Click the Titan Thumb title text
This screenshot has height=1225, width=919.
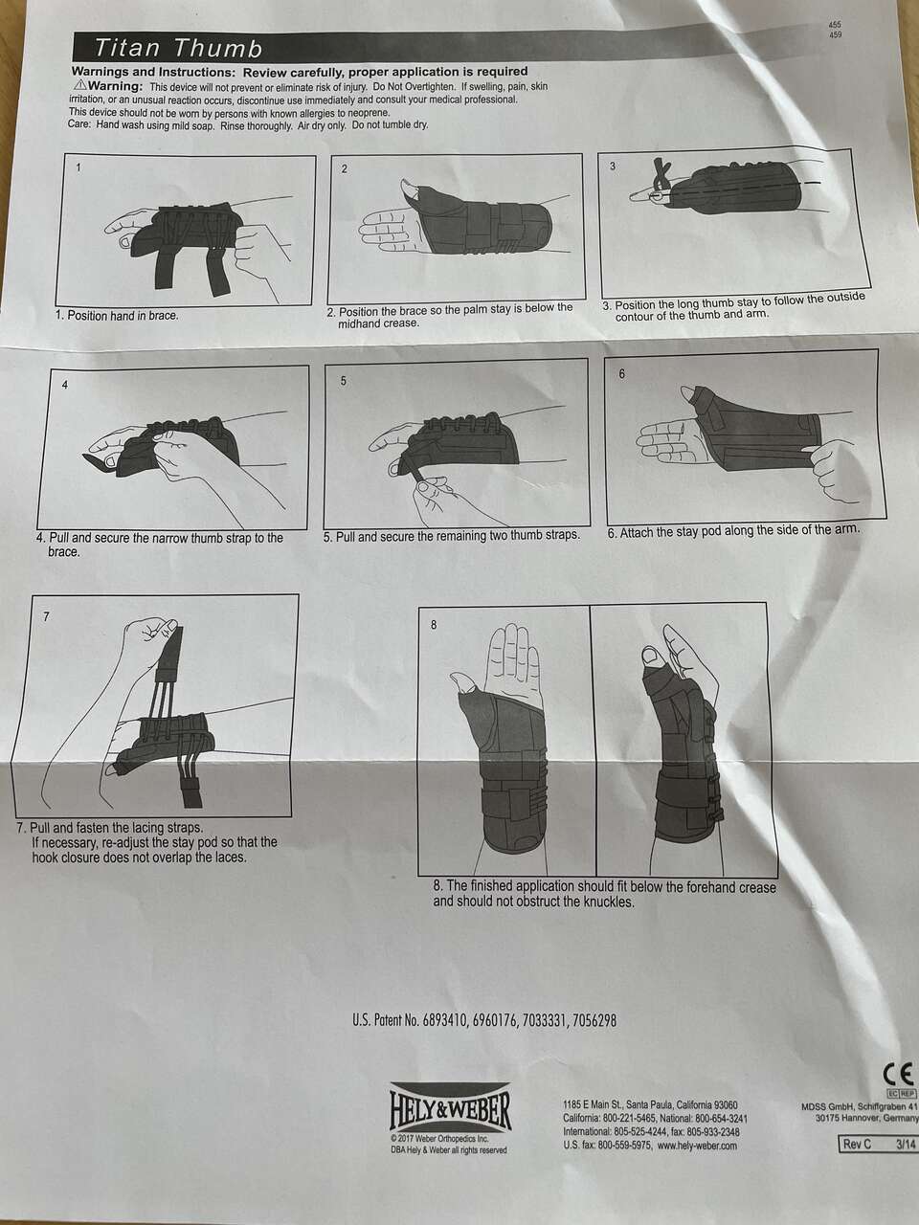(x=178, y=49)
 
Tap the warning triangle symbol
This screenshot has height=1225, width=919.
(x=80, y=85)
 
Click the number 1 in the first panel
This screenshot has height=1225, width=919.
(x=78, y=167)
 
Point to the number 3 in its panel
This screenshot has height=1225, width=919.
(x=613, y=166)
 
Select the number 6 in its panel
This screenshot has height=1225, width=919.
(x=622, y=374)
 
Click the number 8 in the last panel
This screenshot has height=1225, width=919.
(x=434, y=625)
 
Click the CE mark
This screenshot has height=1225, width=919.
(x=899, y=1072)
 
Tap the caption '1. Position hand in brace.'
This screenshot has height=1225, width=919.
(x=117, y=315)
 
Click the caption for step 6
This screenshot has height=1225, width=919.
(x=733, y=531)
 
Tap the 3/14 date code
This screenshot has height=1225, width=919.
(x=906, y=1159)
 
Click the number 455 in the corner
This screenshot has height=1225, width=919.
(x=836, y=25)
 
